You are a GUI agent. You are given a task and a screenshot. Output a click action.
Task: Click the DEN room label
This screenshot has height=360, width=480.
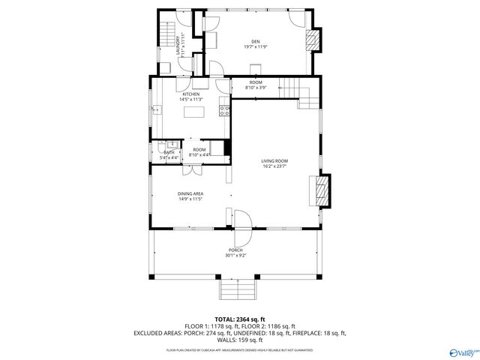coord(255,41)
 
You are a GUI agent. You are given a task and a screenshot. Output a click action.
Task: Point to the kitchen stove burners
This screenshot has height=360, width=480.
coord(223,111)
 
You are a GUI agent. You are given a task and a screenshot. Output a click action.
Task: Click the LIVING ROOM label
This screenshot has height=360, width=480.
coord(274,161)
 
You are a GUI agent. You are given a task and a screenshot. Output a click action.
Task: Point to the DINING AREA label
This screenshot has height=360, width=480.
coord(190,193)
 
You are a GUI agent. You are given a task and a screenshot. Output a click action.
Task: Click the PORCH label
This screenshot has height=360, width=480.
coord(236,250)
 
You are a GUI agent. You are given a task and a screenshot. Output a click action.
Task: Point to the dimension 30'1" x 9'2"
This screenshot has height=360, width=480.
coord(236,256)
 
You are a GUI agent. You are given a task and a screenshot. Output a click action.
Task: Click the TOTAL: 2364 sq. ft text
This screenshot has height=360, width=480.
coord(239,319)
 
